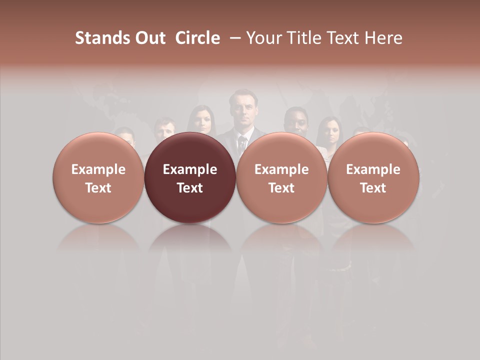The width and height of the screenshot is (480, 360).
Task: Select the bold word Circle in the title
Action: pos(197,38)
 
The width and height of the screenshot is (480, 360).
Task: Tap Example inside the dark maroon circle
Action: pos(190,169)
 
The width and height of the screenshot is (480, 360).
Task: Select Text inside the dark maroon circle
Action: pos(190,188)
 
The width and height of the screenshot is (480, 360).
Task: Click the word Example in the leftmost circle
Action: pos(98,169)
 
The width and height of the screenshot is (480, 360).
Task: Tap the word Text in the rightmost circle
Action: pos(373,188)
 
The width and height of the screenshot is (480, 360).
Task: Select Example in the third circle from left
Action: pos(281,169)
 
